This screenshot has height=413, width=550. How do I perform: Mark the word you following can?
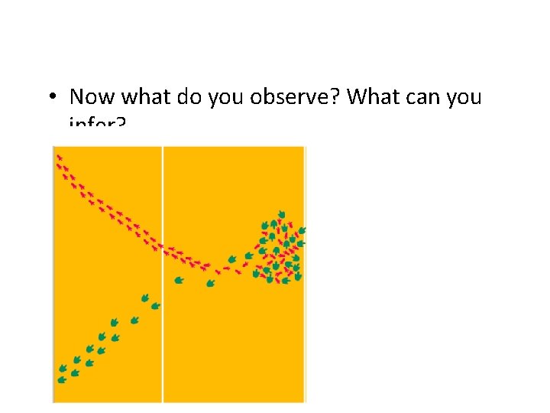click(x=467, y=97)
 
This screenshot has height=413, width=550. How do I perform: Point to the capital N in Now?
click(x=77, y=97)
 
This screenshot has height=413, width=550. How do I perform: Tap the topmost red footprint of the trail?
click(x=59, y=158)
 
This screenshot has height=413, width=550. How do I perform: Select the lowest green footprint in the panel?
click(x=62, y=379)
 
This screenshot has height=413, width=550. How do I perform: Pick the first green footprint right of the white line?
click(x=179, y=280)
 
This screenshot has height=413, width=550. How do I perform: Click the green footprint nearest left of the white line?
click(x=155, y=306)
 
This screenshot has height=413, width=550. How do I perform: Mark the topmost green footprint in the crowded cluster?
click(x=281, y=214)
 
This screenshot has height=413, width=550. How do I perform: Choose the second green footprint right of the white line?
click(x=211, y=284)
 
